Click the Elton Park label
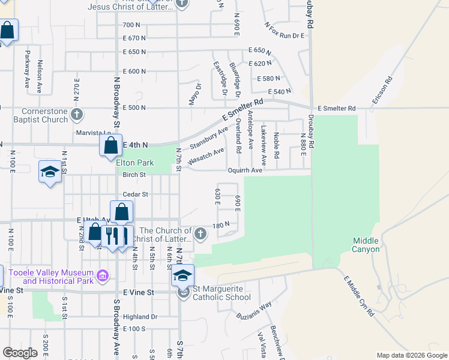pyautogui.click(x=135, y=163)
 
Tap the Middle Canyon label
pyautogui.click(x=366, y=245)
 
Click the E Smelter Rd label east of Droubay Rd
pyautogui.click(x=336, y=108)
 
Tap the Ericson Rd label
pyautogui.click(x=382, y=91)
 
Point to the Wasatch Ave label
pyautogui.click(x=205, y=157)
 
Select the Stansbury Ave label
pyautogui.click(x=209, y=139)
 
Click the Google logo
pyautogui.click(x=20, y=353)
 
